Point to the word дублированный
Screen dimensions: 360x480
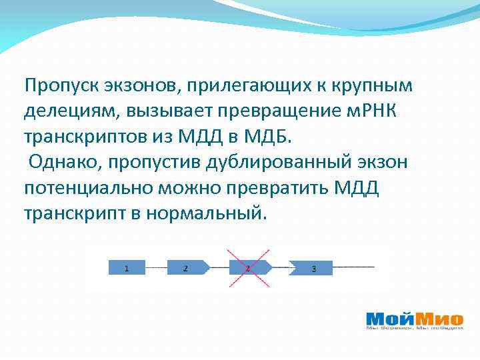tap(267, 163)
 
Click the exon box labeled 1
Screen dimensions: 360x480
tap(127, 268)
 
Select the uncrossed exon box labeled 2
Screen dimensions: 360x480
tap(187, 268)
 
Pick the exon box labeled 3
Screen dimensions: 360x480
tap(311, 269)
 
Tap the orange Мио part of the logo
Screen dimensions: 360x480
tap(439, 319)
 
